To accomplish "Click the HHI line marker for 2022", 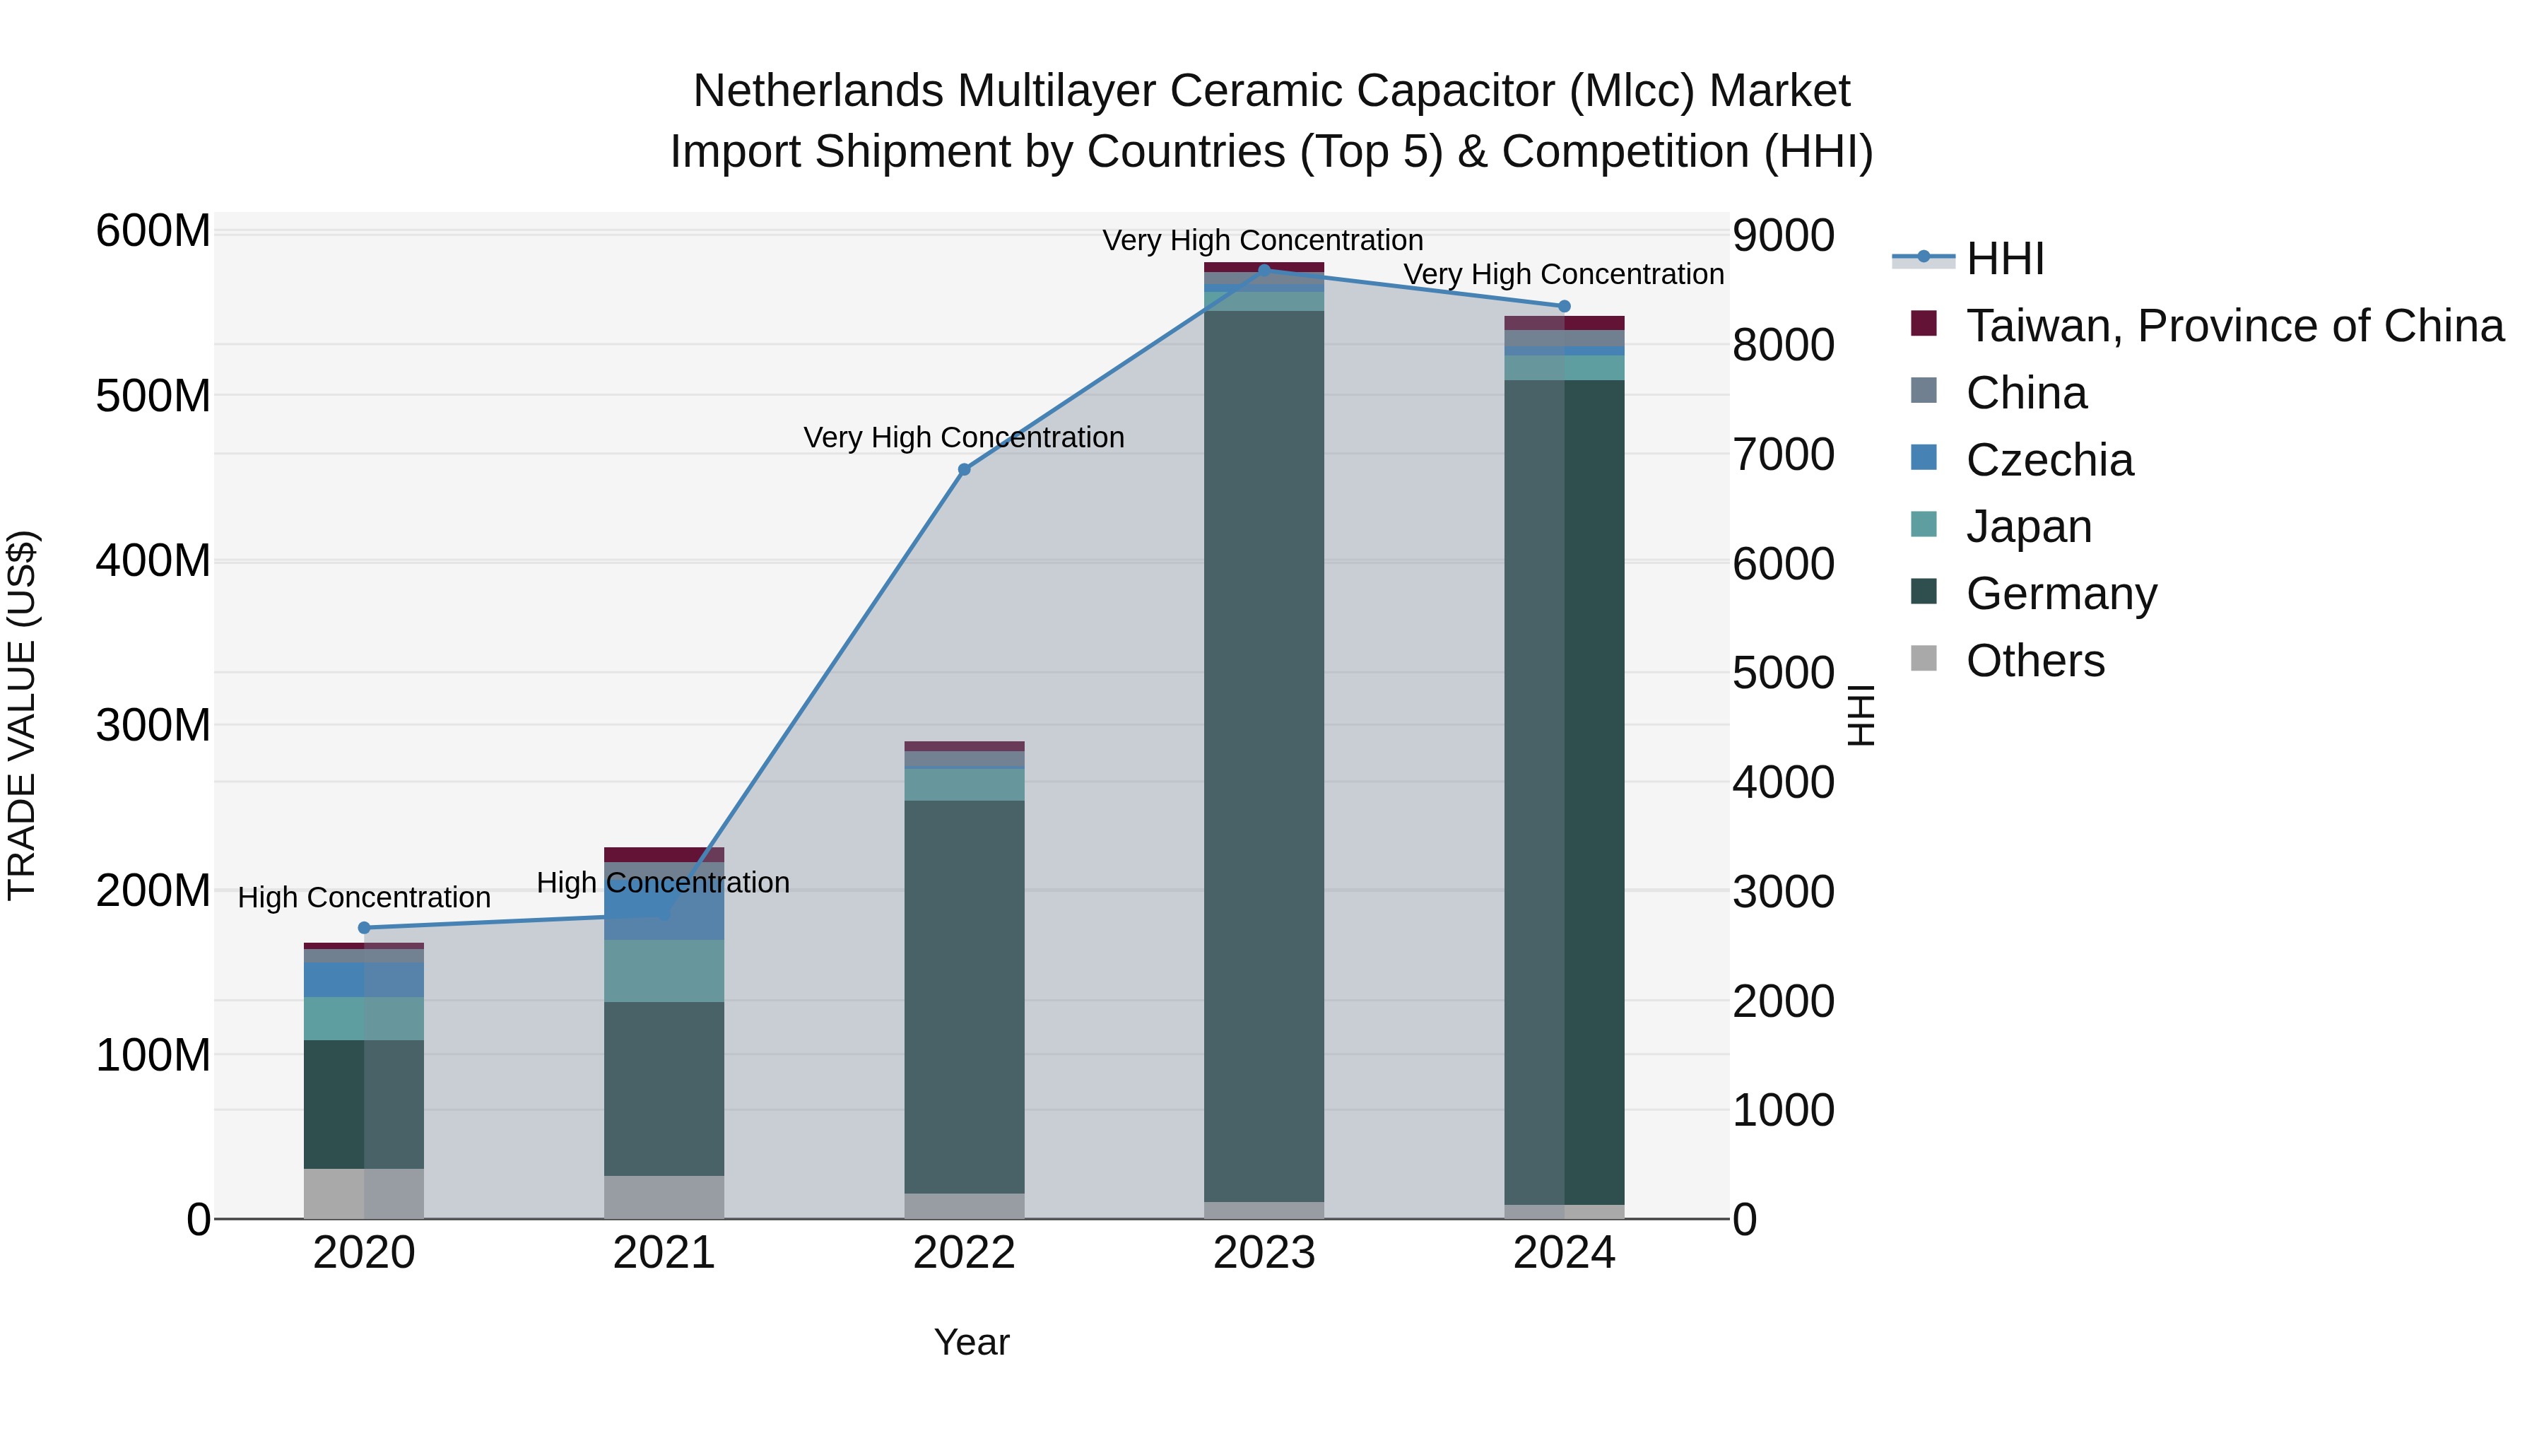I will point(964,469).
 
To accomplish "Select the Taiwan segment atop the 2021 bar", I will point(664,854).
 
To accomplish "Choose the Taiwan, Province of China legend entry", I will point(2234,326).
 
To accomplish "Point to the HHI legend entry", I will point(2004,259).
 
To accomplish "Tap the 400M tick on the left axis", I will point(153,561).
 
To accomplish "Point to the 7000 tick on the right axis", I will point(1783,455).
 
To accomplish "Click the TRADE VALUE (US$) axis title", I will point(23,715).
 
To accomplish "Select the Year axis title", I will point(972,1342).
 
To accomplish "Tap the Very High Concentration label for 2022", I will point(964,437).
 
